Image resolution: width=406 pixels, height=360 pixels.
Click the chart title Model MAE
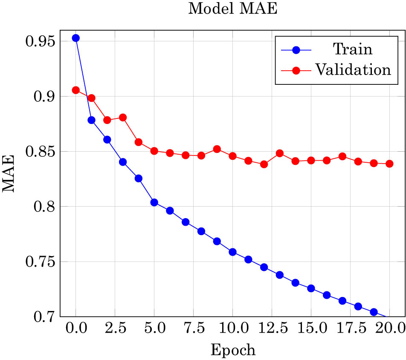coord(233,9)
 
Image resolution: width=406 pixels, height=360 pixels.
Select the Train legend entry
coord(352,49)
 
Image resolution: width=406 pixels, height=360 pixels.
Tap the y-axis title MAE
coord(9,174)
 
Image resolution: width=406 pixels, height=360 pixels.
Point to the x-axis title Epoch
coord(233,350)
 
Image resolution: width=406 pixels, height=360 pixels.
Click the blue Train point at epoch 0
coord(76,38)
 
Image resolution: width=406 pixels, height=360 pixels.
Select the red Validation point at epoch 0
coord(76,90)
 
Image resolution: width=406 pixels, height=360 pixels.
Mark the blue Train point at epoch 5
coord(154,202)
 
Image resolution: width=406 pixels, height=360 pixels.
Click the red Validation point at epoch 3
coord(123,118)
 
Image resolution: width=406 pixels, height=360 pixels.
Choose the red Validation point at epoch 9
coord(217,149)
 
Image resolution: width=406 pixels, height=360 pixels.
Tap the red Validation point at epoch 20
coord(389,164)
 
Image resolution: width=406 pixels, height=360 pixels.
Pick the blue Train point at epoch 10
coord(232,252)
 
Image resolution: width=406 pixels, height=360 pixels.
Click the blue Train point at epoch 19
coord(374,312)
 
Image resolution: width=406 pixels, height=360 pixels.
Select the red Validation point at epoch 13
coord(280,153)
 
